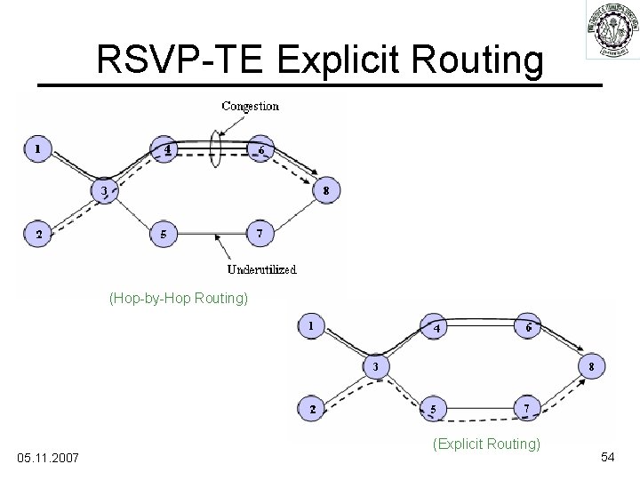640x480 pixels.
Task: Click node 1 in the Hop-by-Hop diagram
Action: [x=37, y=148]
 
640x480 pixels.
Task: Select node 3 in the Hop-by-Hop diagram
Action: [x=104, y=189]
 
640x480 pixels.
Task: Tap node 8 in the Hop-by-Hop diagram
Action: [x=326, y=189]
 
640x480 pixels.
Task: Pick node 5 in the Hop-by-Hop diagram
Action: [x=162, y=235]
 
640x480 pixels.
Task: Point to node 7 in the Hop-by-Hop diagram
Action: [x=259, y=234]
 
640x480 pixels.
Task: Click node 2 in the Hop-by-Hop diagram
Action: [x=37, y=235]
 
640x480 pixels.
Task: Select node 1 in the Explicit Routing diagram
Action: [x=310, y=325]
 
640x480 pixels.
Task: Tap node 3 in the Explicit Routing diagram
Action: [x=376, y=366]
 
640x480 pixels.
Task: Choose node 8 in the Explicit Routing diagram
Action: [x=593, y=366]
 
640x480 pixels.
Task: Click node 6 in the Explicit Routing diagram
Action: [x=529, y=326]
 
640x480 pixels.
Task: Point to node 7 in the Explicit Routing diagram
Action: [x=529, y=409]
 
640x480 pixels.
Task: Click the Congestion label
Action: [x=250, y=106]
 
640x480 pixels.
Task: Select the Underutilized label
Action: [x=262, y=268]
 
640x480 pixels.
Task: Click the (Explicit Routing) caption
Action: [x=485, y=443]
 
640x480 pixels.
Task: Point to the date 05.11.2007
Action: [x=48, y=457]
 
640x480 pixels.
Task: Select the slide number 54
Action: [x=608, y=456]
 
